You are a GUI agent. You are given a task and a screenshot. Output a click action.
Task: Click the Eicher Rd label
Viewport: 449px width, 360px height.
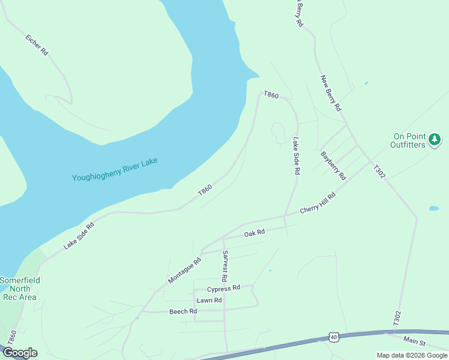click(x=37, y=45)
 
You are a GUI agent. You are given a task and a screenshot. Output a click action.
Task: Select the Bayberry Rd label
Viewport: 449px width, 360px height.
click(x=334, y=166)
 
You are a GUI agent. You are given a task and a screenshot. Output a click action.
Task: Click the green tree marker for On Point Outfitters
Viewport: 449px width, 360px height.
click(x=435, y=140)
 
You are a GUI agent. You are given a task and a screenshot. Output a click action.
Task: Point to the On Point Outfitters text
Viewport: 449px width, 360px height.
click(x=408, y=140)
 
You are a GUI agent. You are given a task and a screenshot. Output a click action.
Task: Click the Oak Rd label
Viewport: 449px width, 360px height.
click(x=254, y=233)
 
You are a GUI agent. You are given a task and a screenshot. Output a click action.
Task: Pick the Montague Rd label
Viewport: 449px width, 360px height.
click(x=185, y=271)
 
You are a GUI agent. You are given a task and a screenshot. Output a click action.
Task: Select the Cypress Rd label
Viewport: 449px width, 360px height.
click(x=223, y=288)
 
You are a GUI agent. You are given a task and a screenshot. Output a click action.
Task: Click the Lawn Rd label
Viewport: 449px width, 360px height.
click(x=209, y=300)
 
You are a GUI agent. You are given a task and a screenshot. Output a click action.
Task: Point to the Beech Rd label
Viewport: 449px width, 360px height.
click(x=183, y=311)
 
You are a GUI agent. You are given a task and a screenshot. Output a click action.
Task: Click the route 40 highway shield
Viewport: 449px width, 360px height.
click(x=334, y=337)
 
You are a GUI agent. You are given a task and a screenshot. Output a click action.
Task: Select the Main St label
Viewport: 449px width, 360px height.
click(x=414, y=342)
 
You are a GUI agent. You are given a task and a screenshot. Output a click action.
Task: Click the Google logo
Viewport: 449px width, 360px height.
click(x=20, y=353)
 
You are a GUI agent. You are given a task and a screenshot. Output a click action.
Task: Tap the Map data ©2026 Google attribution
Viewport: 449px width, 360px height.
click(x=412, y=355)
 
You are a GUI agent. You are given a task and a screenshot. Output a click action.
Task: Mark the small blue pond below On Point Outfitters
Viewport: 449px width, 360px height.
click(x=433, y=209)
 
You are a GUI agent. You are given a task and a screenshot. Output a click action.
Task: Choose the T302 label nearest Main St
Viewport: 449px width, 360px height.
click(x=397, y=318)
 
